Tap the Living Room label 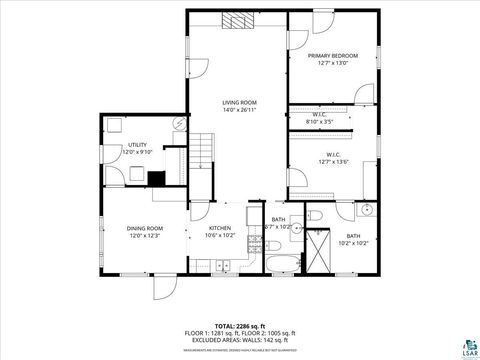pyautogui.click(x=239, y=106)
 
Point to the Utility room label pyautogui.click(x=137, y=149)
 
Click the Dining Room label pyautogui.click(x=146, y=232)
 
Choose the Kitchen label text pyautogui.click(x=220, y=232)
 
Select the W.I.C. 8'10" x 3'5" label pyautogui.click(x=321, y=119)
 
